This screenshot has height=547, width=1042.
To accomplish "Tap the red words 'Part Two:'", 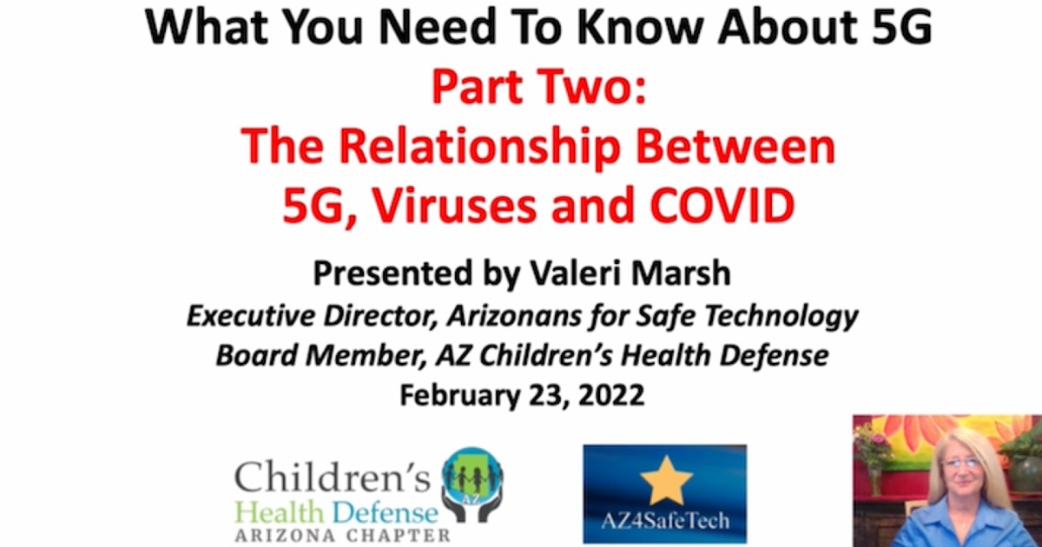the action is [x=539, y=88].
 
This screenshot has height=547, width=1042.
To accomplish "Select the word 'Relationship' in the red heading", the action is [x=480, y=148].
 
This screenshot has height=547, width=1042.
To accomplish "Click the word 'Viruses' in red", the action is [x=455, y=205].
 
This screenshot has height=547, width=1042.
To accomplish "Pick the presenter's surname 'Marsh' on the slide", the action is [x=681, y=273].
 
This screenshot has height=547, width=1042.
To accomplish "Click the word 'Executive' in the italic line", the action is [x=251, y=316].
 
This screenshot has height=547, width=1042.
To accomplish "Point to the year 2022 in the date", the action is [x=611, y=395].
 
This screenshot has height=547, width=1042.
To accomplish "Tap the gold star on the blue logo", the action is [x=666, y=480].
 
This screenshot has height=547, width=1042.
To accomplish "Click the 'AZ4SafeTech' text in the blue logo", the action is [x=665, y=520].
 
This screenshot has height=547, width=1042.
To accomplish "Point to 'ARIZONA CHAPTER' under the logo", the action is [x=343, y=536].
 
